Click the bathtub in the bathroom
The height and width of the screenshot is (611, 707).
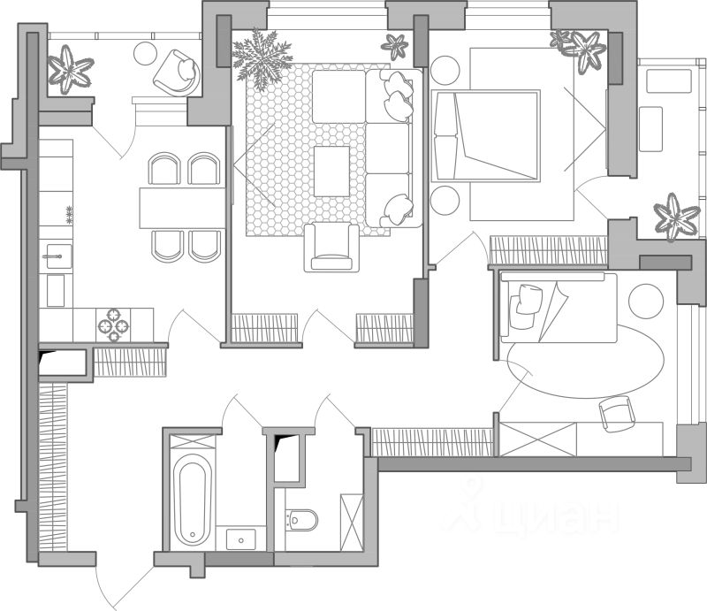190,500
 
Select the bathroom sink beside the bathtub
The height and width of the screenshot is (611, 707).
240,537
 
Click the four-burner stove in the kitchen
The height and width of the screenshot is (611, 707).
113,324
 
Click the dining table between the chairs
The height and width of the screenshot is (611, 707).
182,207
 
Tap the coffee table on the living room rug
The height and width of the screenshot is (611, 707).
331,171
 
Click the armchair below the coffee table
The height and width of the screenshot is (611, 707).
331,248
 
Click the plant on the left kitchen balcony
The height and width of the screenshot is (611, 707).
71,68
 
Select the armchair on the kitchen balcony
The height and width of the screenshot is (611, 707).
175,72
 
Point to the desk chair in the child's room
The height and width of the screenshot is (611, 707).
617,412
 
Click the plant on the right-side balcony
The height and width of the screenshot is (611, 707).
676,217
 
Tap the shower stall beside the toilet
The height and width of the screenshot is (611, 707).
351,523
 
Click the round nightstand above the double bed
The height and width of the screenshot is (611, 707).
444,69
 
